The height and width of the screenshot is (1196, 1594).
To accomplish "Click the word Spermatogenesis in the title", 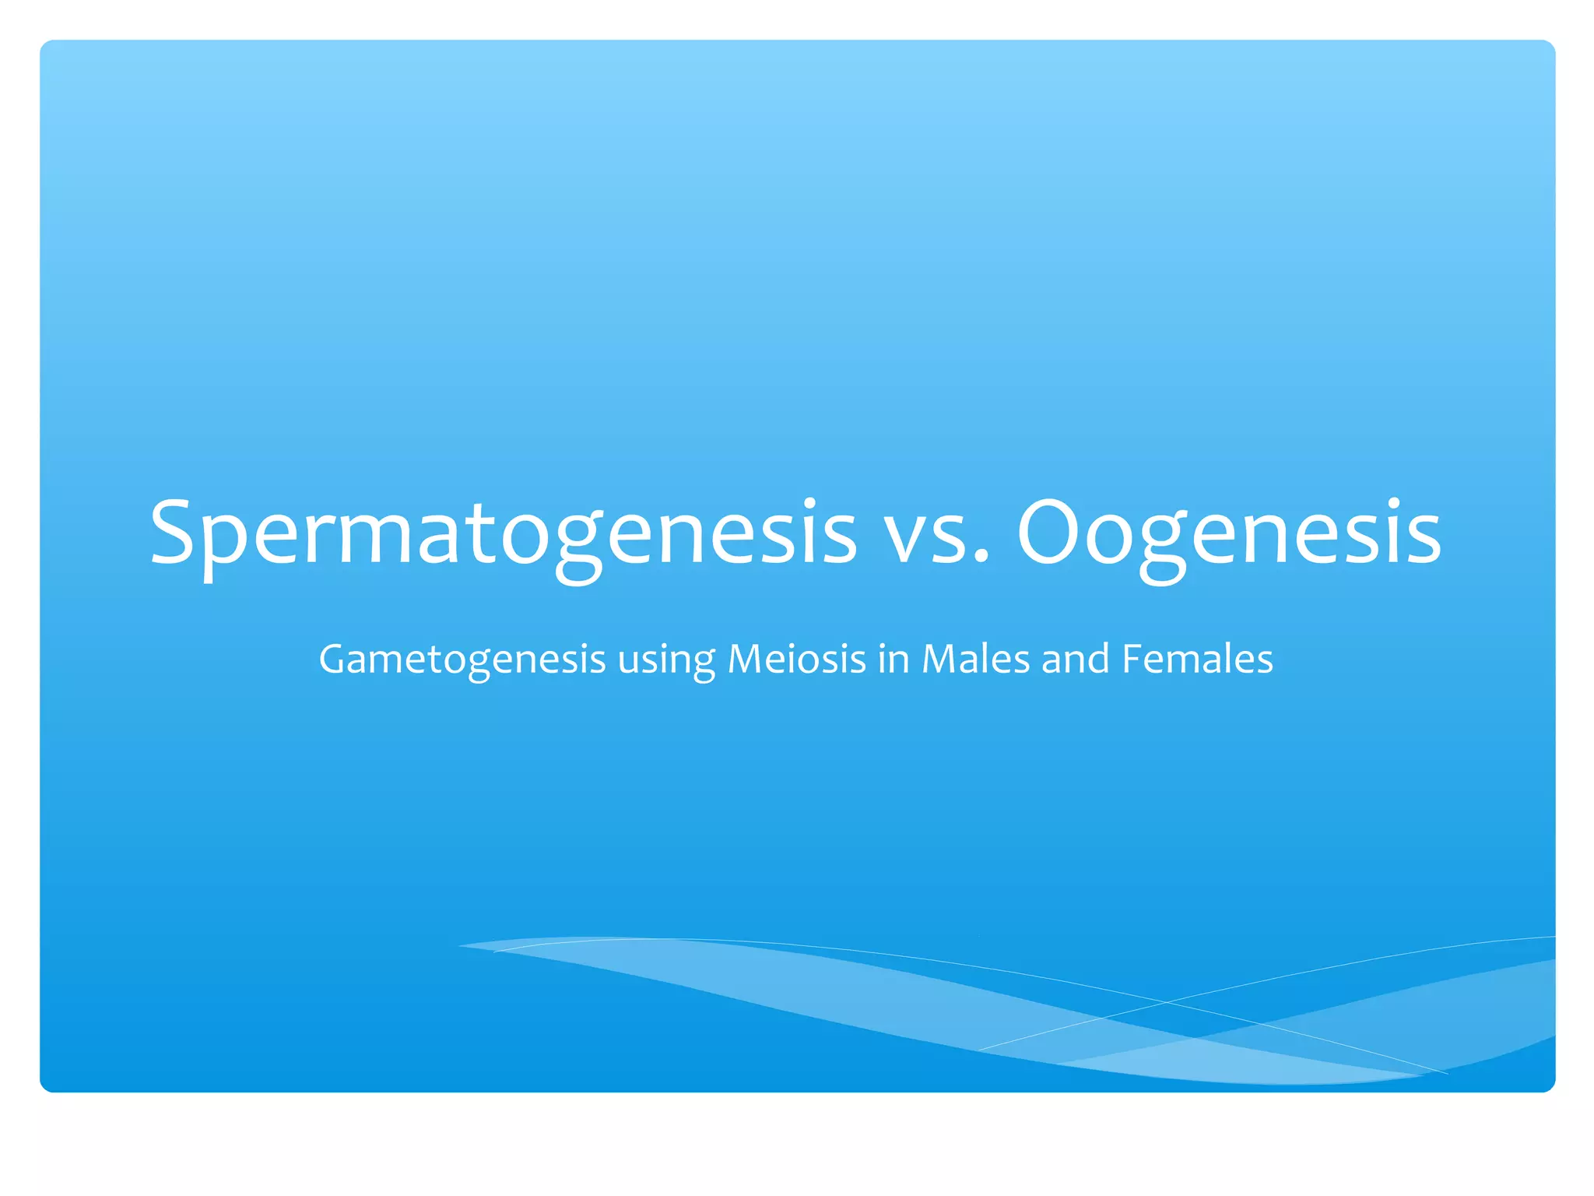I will [503, 534].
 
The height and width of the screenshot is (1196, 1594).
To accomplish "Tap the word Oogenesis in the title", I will [1229, 534].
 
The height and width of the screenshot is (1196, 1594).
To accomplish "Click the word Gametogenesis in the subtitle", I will [462, 660].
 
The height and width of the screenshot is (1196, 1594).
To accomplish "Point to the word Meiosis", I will [796, 659].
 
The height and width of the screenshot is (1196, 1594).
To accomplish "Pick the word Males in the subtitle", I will [976, 659].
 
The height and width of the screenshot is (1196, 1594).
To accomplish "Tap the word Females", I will [1197, 659].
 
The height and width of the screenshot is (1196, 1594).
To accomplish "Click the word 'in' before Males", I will [894, 659].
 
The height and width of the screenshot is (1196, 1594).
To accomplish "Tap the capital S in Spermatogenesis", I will [172, 533].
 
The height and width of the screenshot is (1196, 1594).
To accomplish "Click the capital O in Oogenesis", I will [1048, 533].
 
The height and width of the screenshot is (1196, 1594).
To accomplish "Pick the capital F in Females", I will [1132, 659].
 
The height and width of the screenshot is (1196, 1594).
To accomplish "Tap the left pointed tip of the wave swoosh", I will [461, 946].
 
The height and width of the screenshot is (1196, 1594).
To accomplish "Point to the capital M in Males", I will [939, 659].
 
